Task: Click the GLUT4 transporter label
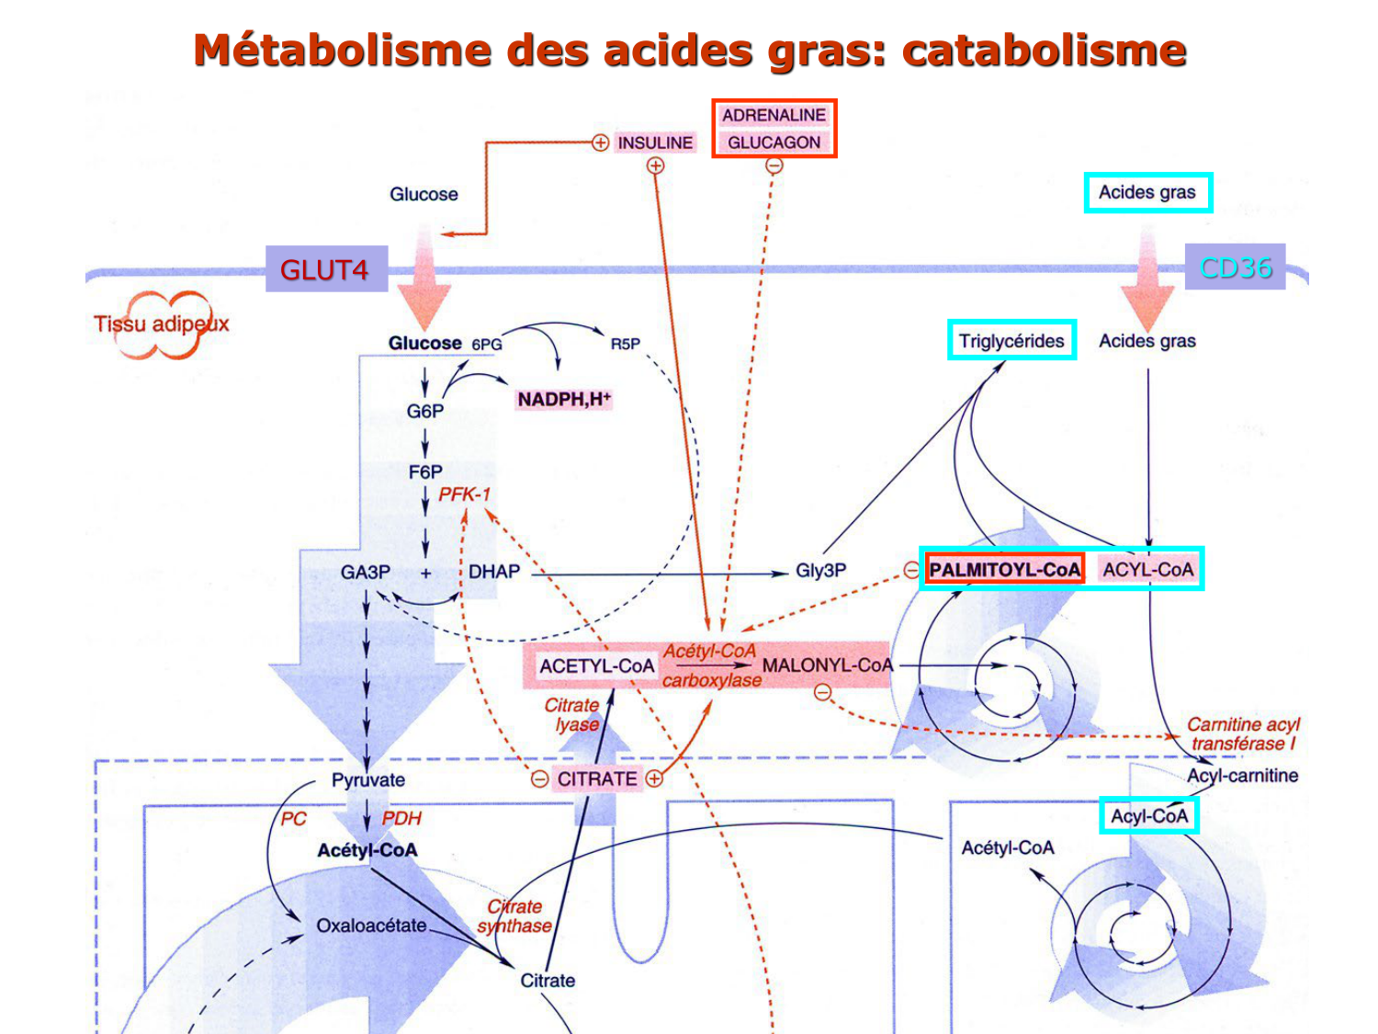click(x=325, y=269)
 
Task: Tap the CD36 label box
click(x=1235, y=267)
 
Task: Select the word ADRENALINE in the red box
click(x=774, y=115)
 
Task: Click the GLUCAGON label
click(x=774, y=142)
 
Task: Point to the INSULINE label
click(x=655, y=142)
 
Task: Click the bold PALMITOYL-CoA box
click(x=1004, y=570)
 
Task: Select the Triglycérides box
click(x=1011, y=341)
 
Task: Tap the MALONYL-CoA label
click(x=827, y=665)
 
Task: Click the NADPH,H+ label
click(x=563, y=399)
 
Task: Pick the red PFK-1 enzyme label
click(x=464, y=494)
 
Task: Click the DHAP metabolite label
click(x=494, y=572)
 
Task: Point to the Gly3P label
click(x=820, y=571)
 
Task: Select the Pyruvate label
click(x=368, y=780)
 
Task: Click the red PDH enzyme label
click(x=401, y=818)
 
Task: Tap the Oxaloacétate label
click(x=371, y=926)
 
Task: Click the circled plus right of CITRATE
click(x=654, y=778)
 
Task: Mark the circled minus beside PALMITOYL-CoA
click(x=910, y=570)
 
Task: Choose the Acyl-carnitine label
click(x=1242, y=776)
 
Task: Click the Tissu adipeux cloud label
click(x=162, y=324)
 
